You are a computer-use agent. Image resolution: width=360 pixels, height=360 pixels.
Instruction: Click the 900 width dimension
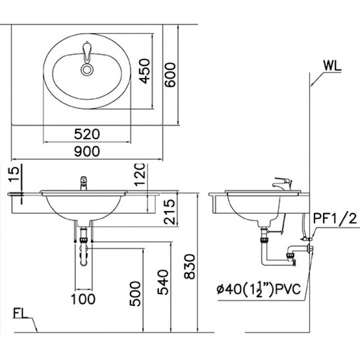point(88,151)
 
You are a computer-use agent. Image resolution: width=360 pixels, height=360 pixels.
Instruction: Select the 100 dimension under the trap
point(84,298)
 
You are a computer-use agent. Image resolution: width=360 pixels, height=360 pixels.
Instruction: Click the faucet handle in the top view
point(87,52)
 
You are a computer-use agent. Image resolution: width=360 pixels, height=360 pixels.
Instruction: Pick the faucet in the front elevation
point(83,183)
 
